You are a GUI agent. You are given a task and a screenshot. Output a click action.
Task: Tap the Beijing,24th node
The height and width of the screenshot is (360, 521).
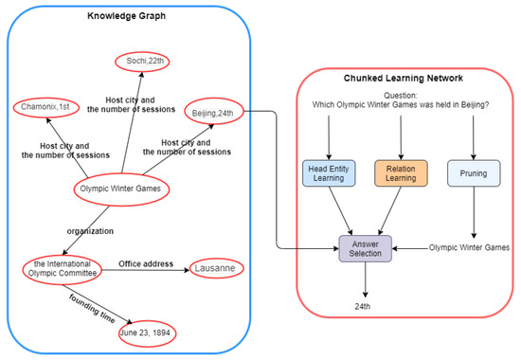pos(216,113)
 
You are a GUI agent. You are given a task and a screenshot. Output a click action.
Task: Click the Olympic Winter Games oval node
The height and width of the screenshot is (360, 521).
pos(123,190)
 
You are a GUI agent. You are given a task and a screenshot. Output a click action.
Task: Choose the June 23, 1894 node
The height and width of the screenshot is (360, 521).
pos(146,333)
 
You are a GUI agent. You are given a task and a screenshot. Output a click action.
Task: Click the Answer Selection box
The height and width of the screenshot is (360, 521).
pos(365,248)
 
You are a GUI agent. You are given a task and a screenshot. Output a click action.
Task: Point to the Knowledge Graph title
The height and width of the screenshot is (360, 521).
pos(128,17)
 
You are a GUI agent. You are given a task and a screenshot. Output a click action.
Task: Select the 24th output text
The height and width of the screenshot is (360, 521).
pos(364,306)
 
